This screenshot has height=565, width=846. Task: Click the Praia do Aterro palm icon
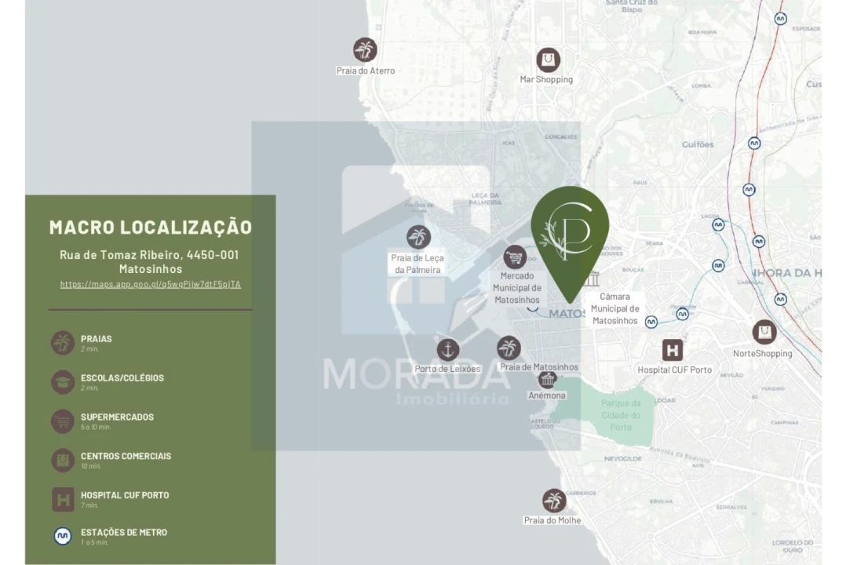(365, 49)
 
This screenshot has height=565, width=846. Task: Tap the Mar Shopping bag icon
(548, 60)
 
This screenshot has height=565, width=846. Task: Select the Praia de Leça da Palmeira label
(417, 264)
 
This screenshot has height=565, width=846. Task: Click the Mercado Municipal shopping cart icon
(515, 257)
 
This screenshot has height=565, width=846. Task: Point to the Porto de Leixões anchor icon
(448, 349)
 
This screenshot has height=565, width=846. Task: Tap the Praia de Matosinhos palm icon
(509, 348)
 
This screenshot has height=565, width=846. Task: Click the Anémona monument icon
(548, 379)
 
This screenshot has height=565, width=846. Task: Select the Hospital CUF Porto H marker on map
(673, 350)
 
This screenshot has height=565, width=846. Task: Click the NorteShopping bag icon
(764, 332)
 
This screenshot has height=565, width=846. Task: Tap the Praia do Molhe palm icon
(554, 501)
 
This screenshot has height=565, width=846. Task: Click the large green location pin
(570, 235)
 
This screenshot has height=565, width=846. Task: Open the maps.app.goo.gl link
(151, 284)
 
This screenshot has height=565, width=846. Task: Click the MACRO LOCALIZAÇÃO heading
(151, 228)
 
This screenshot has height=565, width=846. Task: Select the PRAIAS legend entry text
(97, 339)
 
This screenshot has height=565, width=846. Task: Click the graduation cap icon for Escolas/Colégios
(63, 382)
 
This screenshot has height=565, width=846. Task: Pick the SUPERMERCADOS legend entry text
(117, 417)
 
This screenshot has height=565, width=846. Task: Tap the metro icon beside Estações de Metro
(63, 536)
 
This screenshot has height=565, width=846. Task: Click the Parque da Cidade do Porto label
(621, 414)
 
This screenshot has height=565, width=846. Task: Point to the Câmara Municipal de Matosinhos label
(615, 308)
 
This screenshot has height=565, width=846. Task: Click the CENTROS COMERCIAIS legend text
(126, 456)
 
